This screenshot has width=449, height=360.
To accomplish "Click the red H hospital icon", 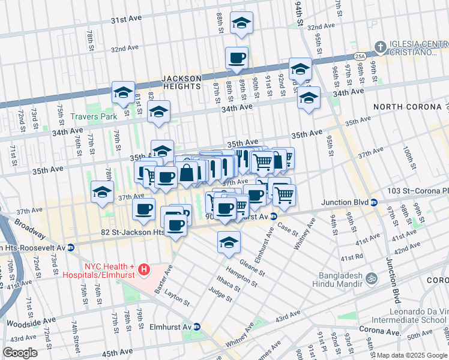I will tap(143, 271).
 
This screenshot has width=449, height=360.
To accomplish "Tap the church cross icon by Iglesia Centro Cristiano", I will tap(379, 46).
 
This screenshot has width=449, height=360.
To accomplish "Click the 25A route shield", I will tap(360, 56).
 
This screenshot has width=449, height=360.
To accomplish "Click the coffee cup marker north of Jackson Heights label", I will tap(237, 58).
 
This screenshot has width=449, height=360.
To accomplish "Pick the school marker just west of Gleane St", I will tap(229, 243).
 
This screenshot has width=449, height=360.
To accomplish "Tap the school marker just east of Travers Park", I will tap(159, 112).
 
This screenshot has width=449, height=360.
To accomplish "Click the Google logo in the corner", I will tap(19, 353).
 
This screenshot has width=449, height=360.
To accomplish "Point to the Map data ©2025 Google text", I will tap(412, 355).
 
